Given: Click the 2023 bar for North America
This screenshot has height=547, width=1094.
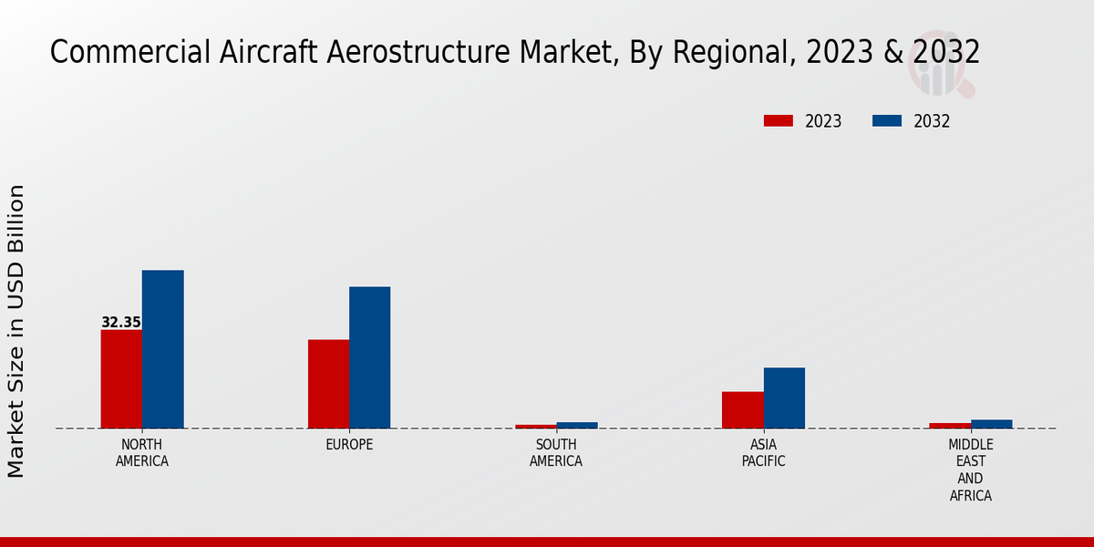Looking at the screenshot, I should point(121,378).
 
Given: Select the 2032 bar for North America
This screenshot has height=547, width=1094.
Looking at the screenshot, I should point(162,349).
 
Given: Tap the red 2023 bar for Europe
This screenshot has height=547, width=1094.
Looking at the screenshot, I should point(328,384).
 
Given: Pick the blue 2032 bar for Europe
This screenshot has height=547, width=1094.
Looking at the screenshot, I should point(369,357).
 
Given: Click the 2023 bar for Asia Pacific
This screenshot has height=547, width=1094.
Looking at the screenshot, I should point(742,409).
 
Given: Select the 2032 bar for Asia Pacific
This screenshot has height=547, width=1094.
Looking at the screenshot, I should point(784,397).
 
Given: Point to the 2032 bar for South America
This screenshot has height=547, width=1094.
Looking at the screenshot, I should point(577,425).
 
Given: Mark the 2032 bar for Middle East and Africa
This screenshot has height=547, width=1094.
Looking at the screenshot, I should point(991,424).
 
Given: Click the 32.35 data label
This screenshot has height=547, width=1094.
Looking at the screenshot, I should point(121,323).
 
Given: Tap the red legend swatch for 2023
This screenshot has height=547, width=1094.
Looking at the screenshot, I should point(779,121).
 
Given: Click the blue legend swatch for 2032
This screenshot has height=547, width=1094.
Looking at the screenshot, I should point(887,121).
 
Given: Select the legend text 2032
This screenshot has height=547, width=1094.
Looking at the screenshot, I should point(932,121).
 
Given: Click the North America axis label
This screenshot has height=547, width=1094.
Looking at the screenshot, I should point(142,453).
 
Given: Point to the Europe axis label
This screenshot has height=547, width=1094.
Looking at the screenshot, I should point(349,445).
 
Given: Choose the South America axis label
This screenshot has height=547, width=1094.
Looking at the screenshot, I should point(556,453).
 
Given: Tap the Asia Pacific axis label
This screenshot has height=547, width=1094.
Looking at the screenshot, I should point(763,453).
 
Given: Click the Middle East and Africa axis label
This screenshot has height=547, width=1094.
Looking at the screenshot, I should point(970,470).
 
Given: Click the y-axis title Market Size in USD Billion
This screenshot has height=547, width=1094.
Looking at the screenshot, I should point(16,331).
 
